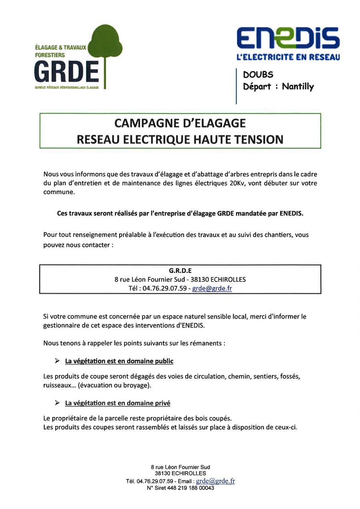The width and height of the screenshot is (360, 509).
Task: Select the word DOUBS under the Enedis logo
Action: pos(258,75)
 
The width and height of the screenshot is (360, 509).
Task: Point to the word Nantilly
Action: pos(298,86)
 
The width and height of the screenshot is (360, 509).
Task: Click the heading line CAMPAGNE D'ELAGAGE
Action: pos(180,123)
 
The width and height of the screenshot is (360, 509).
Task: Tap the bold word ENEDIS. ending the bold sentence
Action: pos(291,213)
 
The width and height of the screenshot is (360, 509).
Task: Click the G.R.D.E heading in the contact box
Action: pos(180,271)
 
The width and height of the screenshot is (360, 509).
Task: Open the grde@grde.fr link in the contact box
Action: pos(212,288)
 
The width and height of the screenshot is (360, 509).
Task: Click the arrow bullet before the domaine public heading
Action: pos(57,361)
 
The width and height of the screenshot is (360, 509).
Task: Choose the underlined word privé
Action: pos(162,403)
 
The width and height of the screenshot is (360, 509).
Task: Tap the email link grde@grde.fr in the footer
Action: pos(215,481)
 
